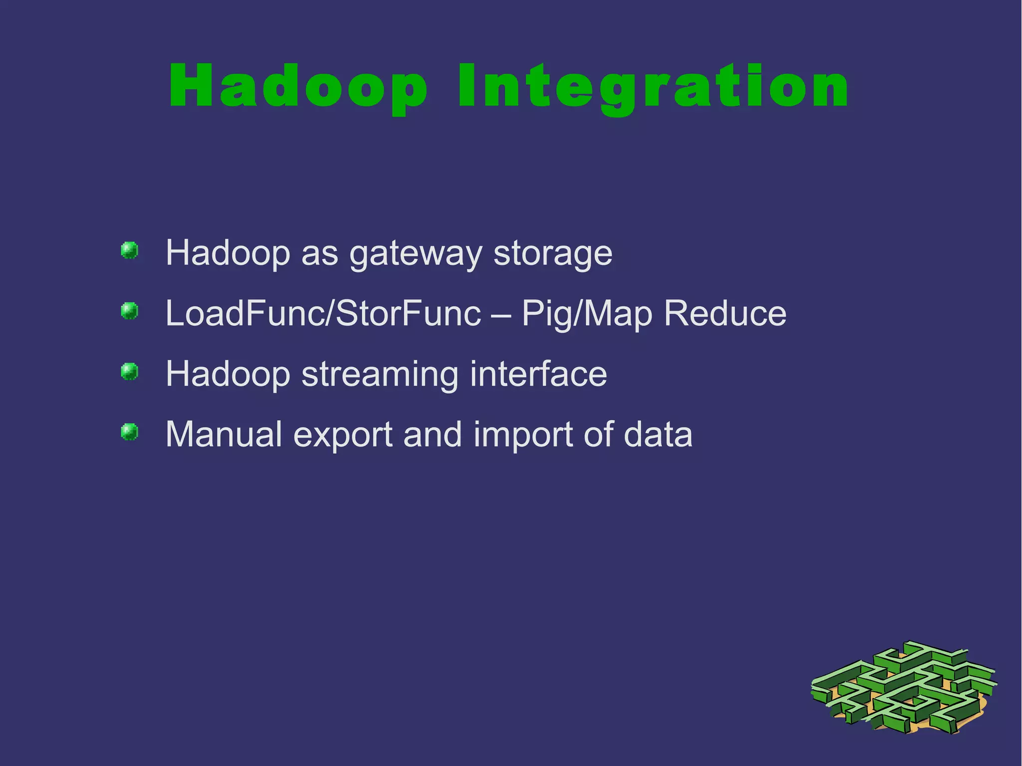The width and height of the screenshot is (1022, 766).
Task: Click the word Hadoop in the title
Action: point(298,86)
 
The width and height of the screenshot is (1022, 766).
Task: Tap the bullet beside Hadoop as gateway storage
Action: point(130,251)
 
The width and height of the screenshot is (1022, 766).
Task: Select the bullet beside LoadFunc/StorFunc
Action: point(130,311)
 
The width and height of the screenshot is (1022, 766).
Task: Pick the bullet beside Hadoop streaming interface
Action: point(130,372)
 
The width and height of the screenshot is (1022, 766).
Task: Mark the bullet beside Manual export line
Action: point(130,432)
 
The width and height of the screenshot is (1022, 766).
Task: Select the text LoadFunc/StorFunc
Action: point(323,314)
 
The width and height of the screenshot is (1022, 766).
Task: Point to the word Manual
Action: point(224,434)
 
